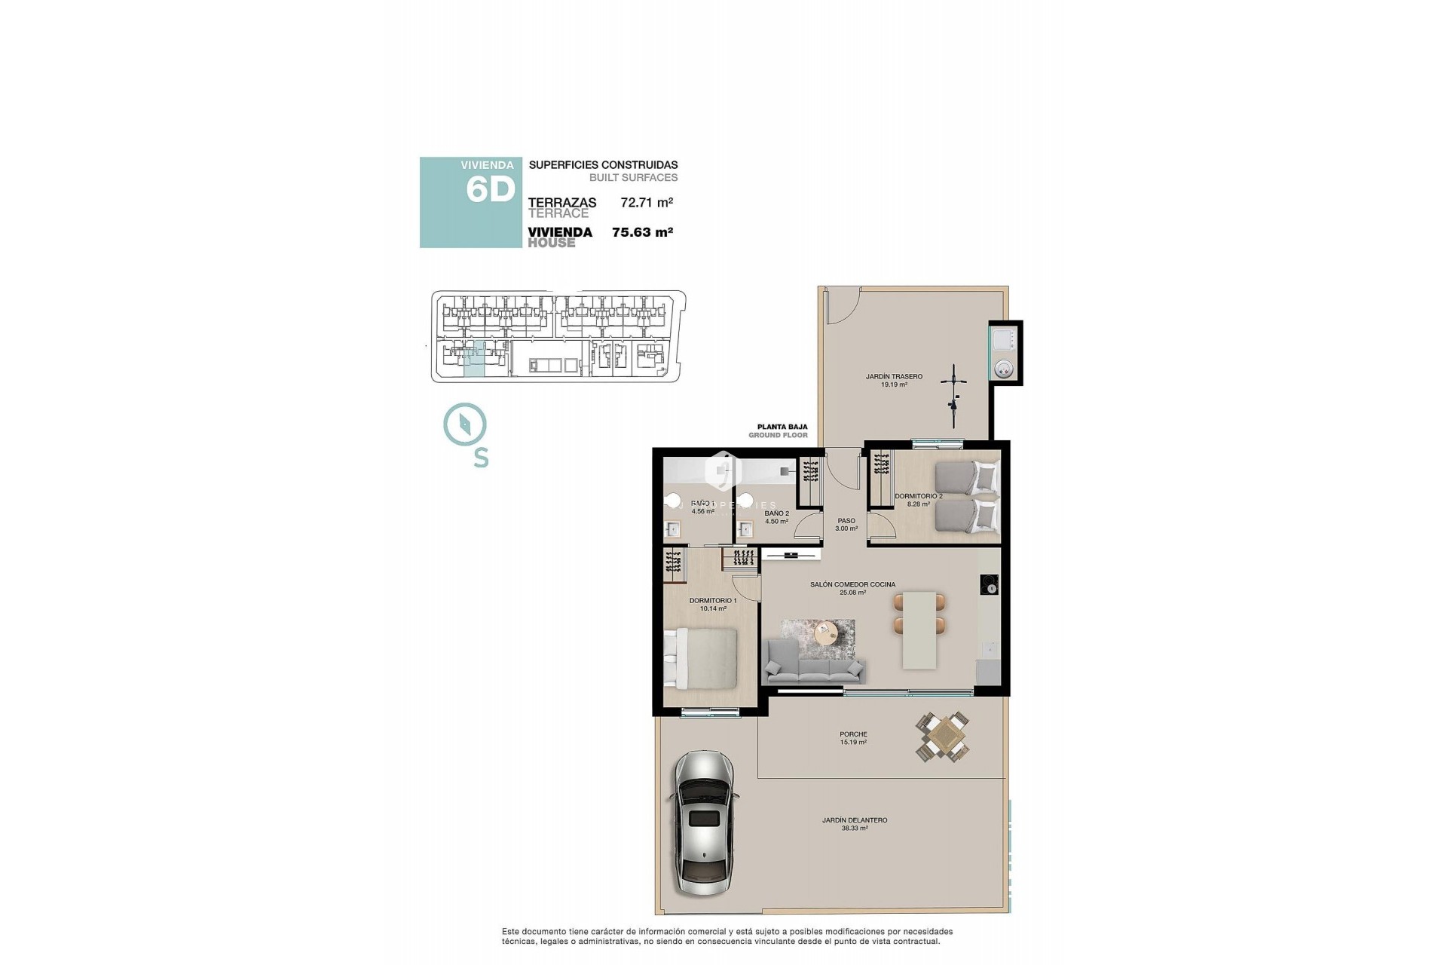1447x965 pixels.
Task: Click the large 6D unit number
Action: tap(490, 189)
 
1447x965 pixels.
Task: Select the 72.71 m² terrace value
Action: tap(646, 202)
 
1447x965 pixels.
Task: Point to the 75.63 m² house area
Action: tap(642, 232)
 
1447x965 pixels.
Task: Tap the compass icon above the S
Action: tap(465, 425)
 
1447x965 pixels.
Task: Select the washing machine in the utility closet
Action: tap(1004, 369)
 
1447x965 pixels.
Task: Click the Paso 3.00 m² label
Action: tap(846, 524)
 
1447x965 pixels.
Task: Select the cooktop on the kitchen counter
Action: tap(989, 584)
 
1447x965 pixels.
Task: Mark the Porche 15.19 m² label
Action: tap(853, 737)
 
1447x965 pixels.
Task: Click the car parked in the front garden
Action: tap(703, 823)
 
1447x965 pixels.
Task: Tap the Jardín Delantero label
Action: tap(855, 823)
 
